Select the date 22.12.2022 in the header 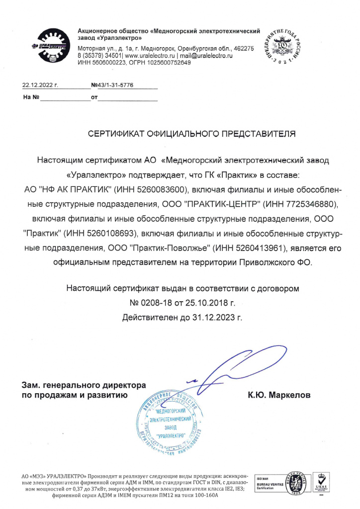[x=41, y=85]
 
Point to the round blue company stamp [x=170, y=422]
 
